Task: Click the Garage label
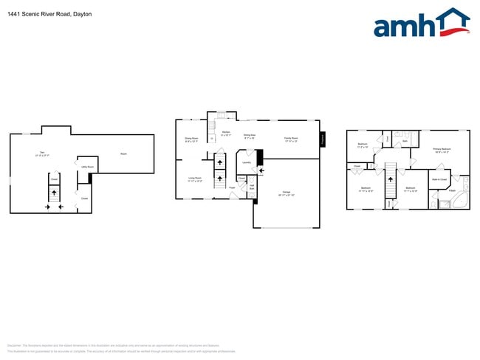286,194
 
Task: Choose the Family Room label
290,139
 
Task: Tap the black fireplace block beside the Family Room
323,139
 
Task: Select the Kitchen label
226,134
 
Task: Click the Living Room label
194,179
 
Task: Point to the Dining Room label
192,139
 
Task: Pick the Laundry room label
247,162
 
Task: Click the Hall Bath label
251,188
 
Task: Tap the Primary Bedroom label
441,150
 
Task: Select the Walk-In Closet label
439,179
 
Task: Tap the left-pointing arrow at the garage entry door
253,171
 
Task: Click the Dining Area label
250,136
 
